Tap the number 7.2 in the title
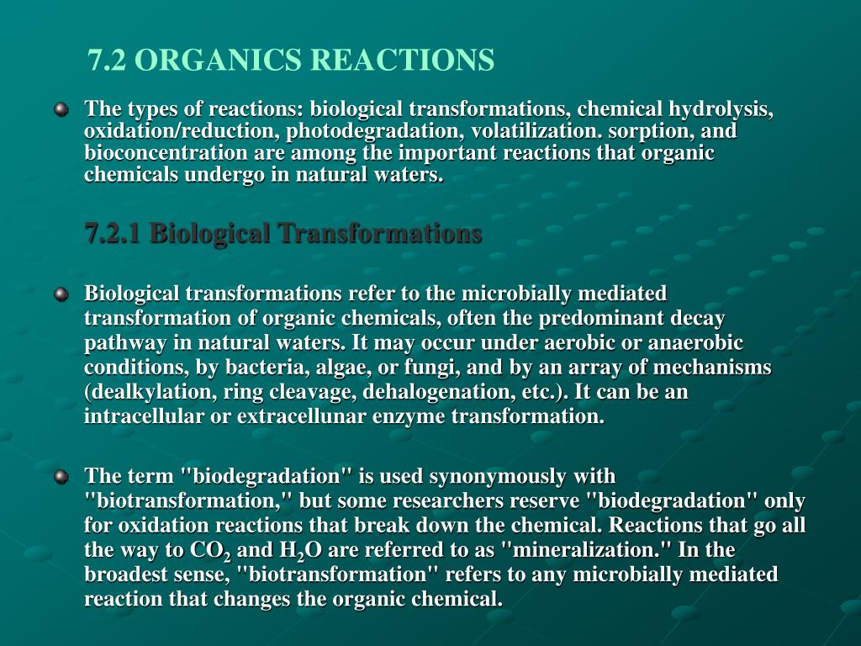coord(108,60)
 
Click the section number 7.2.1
coord(114,234)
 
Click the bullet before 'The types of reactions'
coord(61,110)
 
